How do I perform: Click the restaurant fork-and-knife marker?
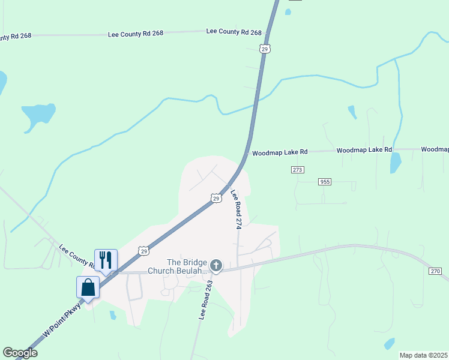point(106,260)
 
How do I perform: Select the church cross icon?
point(216,265)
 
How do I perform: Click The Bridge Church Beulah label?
point(187,266)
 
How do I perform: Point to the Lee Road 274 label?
point(236,209)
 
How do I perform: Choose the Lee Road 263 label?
point(202,300)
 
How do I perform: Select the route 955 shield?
point(325,181)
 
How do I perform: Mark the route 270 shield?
point(435,271)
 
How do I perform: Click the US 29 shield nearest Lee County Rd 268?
point(265,49)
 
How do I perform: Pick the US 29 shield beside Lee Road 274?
point(215,198)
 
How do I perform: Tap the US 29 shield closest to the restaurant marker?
point(143,251)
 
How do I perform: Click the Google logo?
point(20,353)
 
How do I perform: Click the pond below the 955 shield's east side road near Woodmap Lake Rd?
point(395,163)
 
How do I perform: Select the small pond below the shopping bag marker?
point(113,315)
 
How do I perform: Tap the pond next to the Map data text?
point(390,343)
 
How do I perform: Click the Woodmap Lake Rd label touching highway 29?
point(280,153)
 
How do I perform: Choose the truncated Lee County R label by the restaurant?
point(76,256)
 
